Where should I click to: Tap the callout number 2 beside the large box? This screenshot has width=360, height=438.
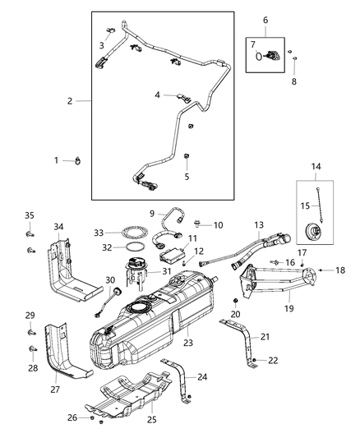click(71, 101)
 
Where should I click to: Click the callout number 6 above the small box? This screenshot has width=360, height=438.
click(265, 19)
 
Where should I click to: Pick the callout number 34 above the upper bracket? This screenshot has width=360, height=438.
click(58, 227)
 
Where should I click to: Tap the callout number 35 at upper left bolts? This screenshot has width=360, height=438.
click(29, 215)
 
